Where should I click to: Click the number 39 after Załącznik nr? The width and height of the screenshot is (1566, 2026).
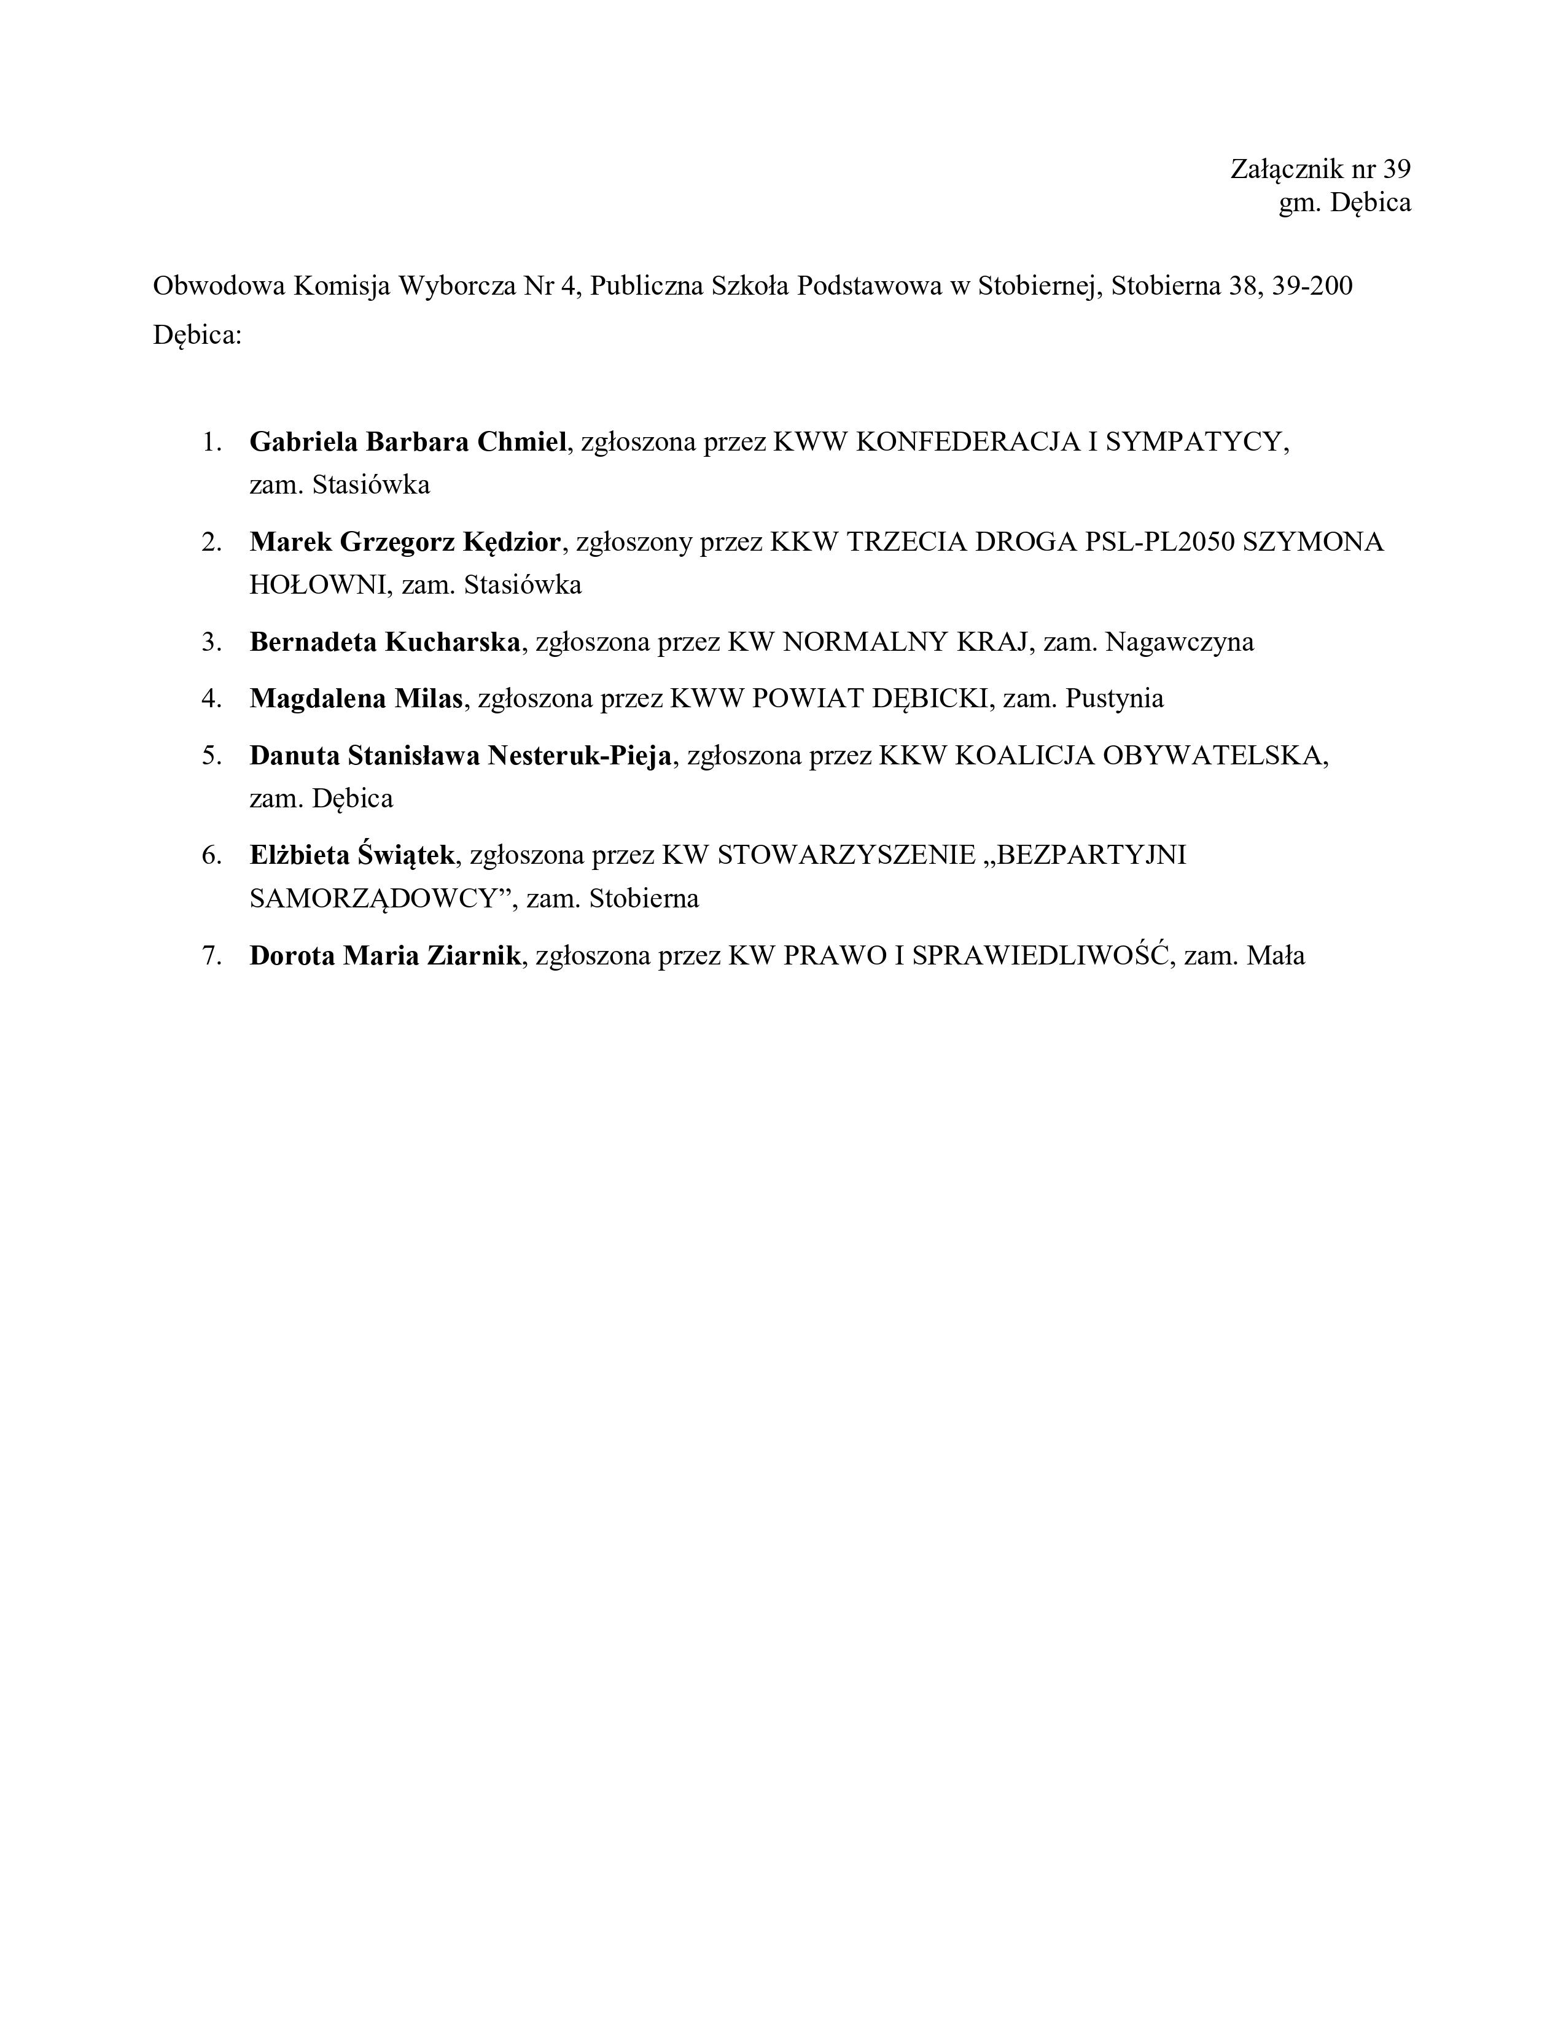point(1397,169)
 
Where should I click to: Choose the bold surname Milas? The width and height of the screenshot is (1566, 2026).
point(429,699)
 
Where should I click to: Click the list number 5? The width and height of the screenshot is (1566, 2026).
point(211,756)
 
